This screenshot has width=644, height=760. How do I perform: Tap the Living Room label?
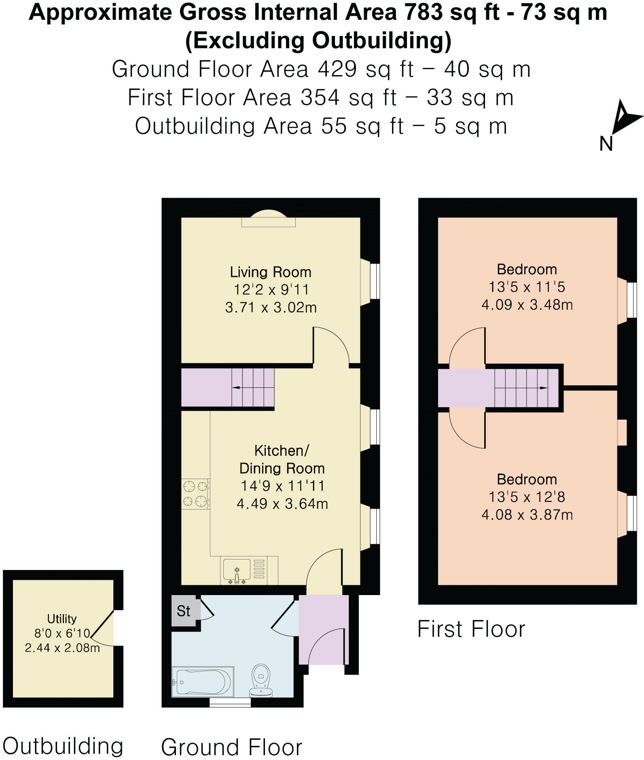(271, 272)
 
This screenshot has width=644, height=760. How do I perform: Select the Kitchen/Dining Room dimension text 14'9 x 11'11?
(282, 486)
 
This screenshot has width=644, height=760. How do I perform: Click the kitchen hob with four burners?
(195, 494)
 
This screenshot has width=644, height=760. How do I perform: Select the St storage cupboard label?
(183, 611)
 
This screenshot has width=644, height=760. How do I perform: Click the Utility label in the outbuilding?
(62, 619)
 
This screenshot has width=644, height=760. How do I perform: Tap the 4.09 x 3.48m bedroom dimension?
(527, 304)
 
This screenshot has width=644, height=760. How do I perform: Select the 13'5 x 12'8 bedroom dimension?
(527, 496)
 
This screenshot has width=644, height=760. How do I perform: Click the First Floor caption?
(471, 629)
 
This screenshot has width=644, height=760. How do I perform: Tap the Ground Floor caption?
(232, 747)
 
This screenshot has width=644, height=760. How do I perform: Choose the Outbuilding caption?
(63, 746)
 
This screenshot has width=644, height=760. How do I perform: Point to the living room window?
(375, 281)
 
